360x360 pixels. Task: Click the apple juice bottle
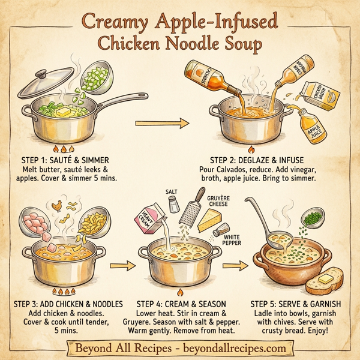tap(312, 131)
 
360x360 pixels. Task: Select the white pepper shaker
tap(224, 230)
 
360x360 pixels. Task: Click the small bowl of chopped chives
tap(311, 220)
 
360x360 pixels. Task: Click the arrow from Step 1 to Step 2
tap(163, 124)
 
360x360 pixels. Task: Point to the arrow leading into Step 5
tap(238, 263)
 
